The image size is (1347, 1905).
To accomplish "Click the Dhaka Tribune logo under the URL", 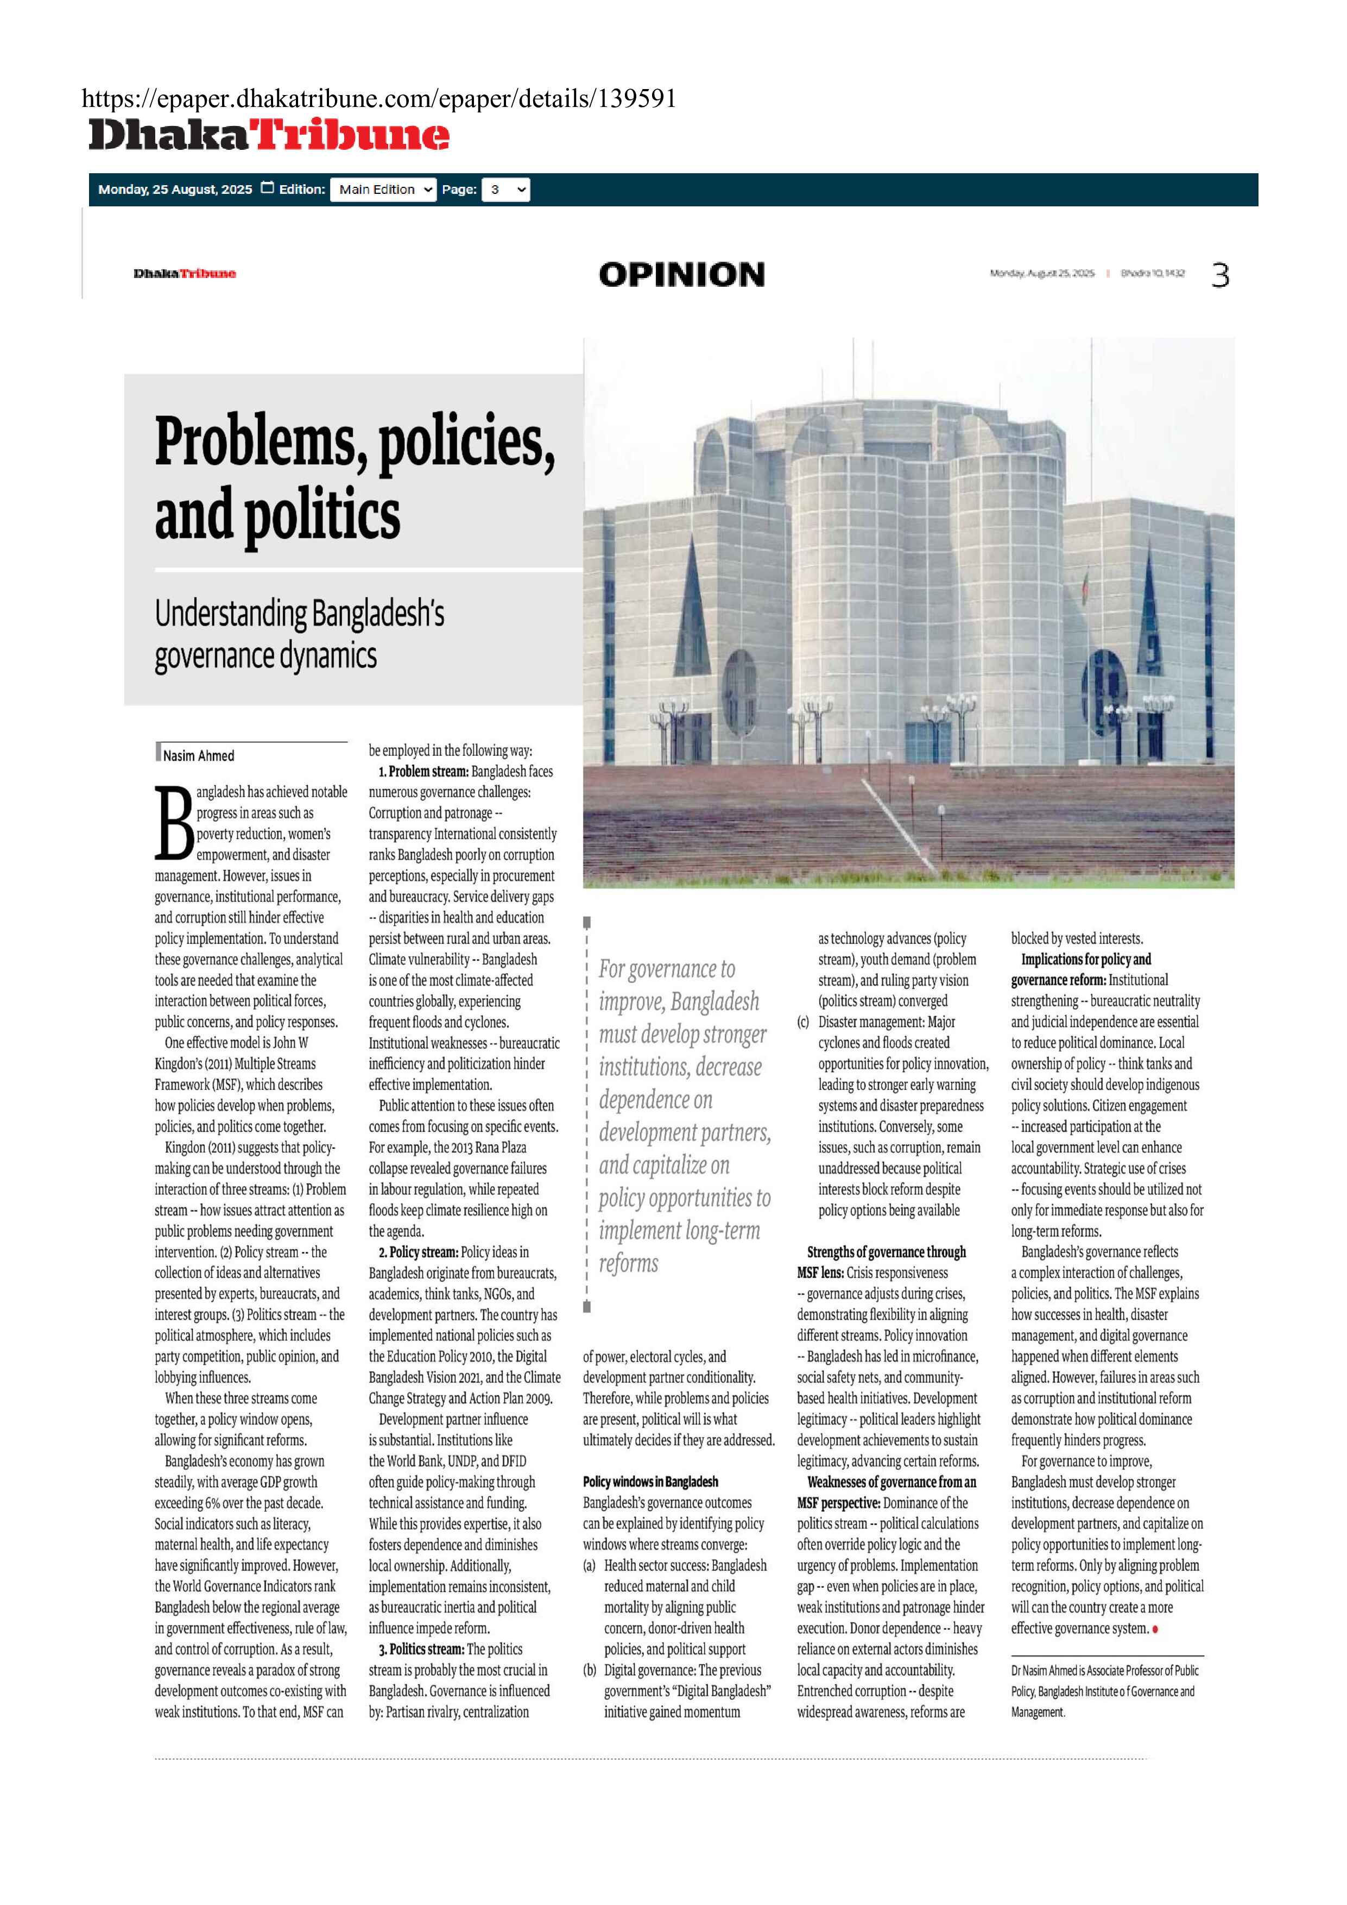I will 269,135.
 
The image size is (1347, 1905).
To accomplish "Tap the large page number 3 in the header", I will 1219,275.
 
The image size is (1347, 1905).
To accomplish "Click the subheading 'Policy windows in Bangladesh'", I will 650,1482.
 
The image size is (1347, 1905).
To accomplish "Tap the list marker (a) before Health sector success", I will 589,1566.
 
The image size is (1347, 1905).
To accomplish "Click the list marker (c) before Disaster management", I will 803,1022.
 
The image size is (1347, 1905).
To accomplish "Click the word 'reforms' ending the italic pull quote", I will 629,1264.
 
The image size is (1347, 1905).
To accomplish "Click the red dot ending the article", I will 1155,1629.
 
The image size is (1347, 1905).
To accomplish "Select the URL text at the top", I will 379,99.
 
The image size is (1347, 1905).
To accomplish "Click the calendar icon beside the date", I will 267,188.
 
